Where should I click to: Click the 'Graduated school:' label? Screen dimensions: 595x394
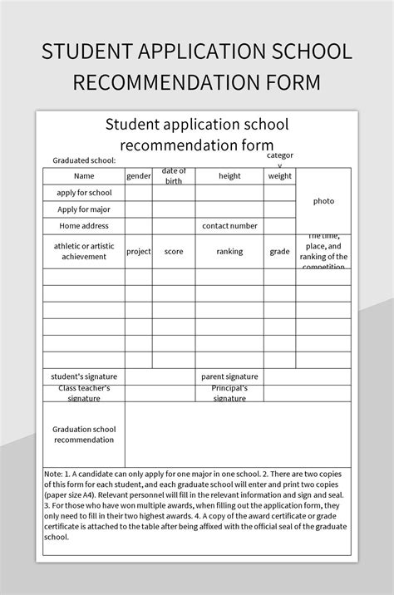coord(84,160)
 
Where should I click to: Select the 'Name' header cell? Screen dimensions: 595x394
coord(84,176)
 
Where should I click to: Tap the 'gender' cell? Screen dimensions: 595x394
coord(139,176)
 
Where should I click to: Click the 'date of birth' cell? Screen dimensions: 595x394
coord(174,176)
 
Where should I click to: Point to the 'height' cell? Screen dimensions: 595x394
coord(229,176)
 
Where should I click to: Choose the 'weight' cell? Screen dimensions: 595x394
coord(280,176)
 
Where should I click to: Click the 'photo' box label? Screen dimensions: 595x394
coord(323,201)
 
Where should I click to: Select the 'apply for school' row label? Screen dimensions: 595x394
coord(84,193)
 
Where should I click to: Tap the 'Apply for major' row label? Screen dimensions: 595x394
coord(84,209)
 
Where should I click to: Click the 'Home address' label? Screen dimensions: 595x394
coord(84,226)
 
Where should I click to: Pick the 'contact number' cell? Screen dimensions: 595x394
coord(229,226)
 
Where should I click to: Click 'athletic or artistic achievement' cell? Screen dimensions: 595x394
coord(84,251)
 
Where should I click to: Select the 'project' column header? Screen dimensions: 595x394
coord(139,251)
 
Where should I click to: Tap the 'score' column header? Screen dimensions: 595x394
coord(174,251)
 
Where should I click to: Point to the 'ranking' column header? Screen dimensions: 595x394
coord(229,251)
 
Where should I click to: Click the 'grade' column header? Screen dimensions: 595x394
coord(280,251)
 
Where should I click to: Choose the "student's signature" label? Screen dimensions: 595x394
coord(84,376)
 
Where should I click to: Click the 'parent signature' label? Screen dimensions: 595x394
coord(229,376)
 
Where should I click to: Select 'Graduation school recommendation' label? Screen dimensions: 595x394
coord(84,434)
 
